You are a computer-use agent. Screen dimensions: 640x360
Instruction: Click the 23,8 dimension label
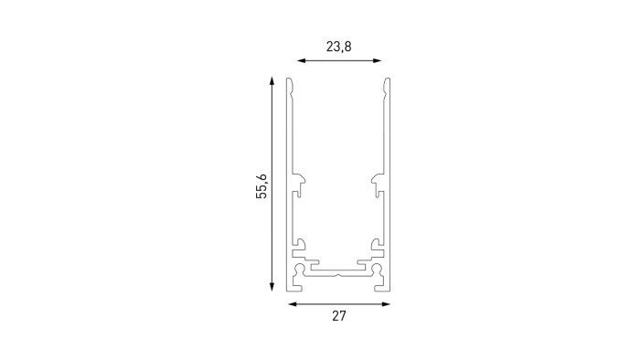pyautogui.click(x=339, y=47)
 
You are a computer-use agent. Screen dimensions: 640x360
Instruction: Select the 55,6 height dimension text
pyautogui.click(x=261, y=186)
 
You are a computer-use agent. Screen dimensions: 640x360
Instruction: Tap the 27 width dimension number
pyautogui.click(x=339, y=316)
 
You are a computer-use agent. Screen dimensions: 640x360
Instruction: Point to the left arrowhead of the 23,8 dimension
pyautogui.click(x=302, y=60)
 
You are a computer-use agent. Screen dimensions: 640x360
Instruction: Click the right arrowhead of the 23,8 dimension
pyautogui.click(x=377, y=60)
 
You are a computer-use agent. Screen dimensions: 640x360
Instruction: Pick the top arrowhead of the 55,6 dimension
pyautogui.click(x=272, y=80)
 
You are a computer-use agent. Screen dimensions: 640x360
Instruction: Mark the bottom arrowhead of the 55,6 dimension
pyautogui.click(x=272, y=287)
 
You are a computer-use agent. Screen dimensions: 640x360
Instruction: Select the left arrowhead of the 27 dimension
pyautogui.click(x=293, y=304)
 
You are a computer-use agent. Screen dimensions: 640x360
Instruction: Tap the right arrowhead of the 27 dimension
pyautogui.click(x=385, y=304)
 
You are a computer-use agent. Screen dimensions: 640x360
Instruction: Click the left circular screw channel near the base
pyautogui.click(x=300, y=269)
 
